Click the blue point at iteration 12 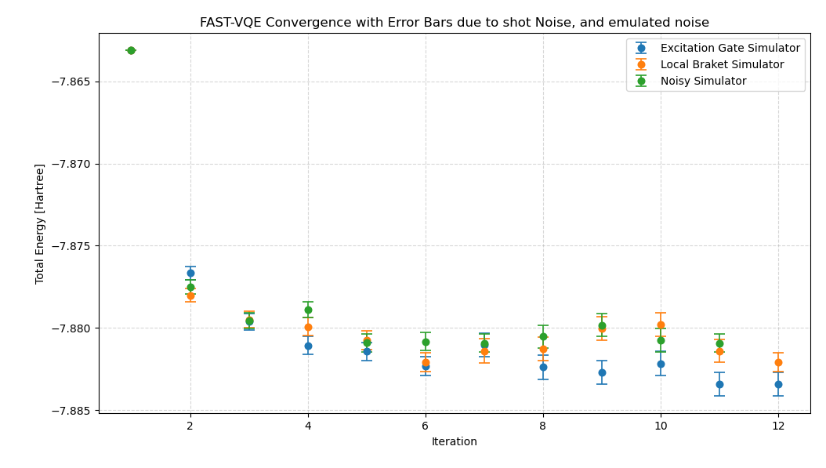point(778,384)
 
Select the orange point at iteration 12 point(778,362)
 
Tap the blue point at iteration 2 point(190,273)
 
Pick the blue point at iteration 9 point(602,372)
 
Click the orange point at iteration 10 point(661,325)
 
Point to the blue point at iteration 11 point(719,384)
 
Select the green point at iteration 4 point(308,310)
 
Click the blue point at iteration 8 point(543,367)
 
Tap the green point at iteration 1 point(131,50)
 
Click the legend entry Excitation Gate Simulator point(730,49)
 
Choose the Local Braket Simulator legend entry point(722,65)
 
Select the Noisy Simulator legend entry point(703,82)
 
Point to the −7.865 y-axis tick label point(71,82)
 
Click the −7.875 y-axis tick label point(71,246)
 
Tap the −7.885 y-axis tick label point(71,411)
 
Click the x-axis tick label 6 point(426,426)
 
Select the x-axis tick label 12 point(778,426)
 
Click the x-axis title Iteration point(455,442)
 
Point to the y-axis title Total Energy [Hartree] point(40,223)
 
